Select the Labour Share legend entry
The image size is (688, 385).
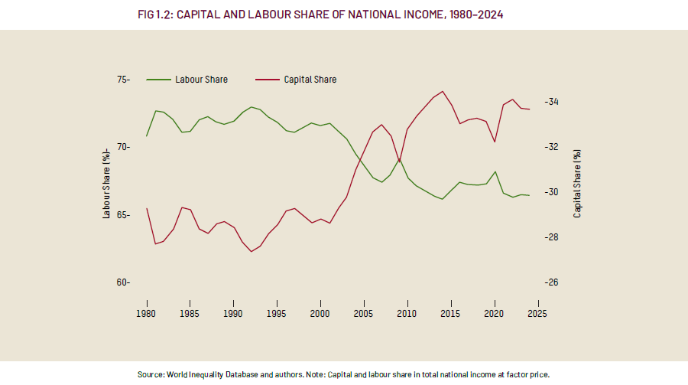tap(200, 80)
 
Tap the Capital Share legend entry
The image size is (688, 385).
tap(310, 80)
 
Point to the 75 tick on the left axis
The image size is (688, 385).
tap(123, 80)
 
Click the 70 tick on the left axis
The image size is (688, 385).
tap(123, 147)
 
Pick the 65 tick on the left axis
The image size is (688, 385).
tap(123, 215)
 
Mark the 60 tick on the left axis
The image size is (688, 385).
tap(123, 282)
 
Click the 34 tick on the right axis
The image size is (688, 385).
tap(553, 102)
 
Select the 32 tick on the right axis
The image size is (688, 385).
tap(553, 147)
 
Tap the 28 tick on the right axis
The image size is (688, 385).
tap(553, 237)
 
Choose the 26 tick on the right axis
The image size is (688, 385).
tap(553, 282)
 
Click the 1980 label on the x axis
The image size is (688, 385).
tap(147, 313)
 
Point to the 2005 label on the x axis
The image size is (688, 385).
tap(364, 313)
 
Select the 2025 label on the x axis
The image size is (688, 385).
tap(537, 313)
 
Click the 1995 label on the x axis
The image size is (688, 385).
tap(277, 313)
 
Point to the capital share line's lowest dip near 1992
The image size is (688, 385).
tap(251, 252)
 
